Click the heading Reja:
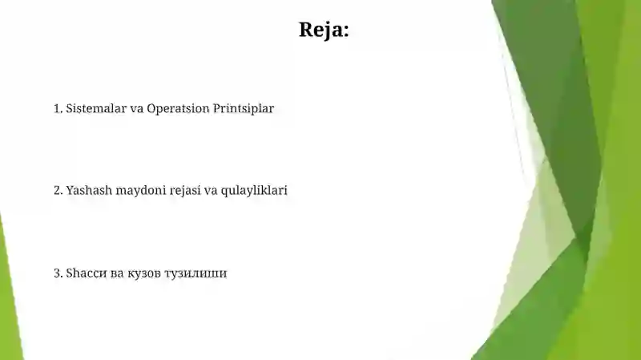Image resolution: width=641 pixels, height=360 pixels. click(x=324, y=30)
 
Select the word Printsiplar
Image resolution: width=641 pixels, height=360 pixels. click(x=244, y=108)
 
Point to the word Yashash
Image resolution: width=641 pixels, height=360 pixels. click(x=89, y=191)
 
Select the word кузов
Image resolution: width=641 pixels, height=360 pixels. click(x=144, y=273)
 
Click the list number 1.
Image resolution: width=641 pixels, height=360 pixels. click(x=57, y=108)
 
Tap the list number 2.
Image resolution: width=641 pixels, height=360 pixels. click(x=57, y=191)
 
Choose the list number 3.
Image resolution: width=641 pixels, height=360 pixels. click(x=57, y=273)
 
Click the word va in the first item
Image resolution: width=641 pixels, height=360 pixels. click(x=136, y=108)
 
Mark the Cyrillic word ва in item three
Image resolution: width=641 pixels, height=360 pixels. click(x=117, y=273)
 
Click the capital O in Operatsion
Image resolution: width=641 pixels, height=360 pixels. click(x=152, y=108)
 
